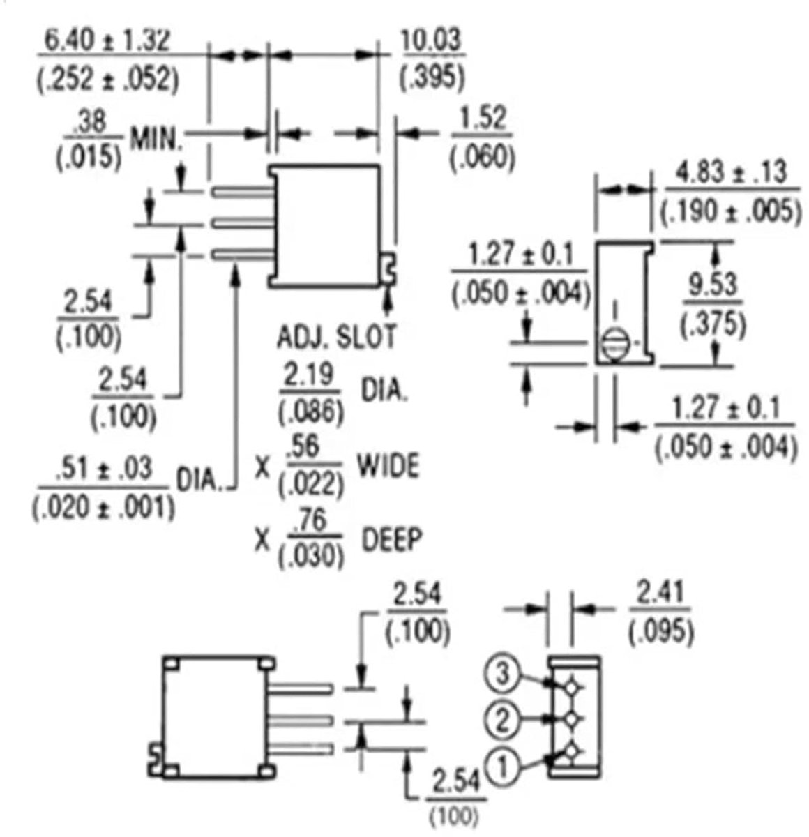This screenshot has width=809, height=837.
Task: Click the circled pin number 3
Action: tap(502, 674)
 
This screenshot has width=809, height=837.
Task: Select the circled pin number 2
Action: tap(502, 720)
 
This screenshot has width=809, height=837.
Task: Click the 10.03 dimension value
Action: tap(431, 40)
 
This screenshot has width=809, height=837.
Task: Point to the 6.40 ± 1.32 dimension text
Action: tap(108, 41)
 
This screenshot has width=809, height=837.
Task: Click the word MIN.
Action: tap(156, 139)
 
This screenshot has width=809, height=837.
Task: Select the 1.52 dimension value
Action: tap(483, 119)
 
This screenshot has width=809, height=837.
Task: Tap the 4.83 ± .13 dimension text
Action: tap(731, 172)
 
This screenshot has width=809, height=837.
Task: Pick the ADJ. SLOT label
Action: tap(336, 337)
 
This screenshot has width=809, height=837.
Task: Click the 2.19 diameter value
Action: tap(309, 375)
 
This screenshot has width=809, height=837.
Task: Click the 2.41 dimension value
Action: tap(660, 592)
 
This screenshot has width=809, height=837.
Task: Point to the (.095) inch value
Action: tap(661, 631)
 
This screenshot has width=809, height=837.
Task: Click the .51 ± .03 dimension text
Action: tap(105, 469)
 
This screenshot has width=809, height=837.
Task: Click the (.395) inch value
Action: tap(432, 77)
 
